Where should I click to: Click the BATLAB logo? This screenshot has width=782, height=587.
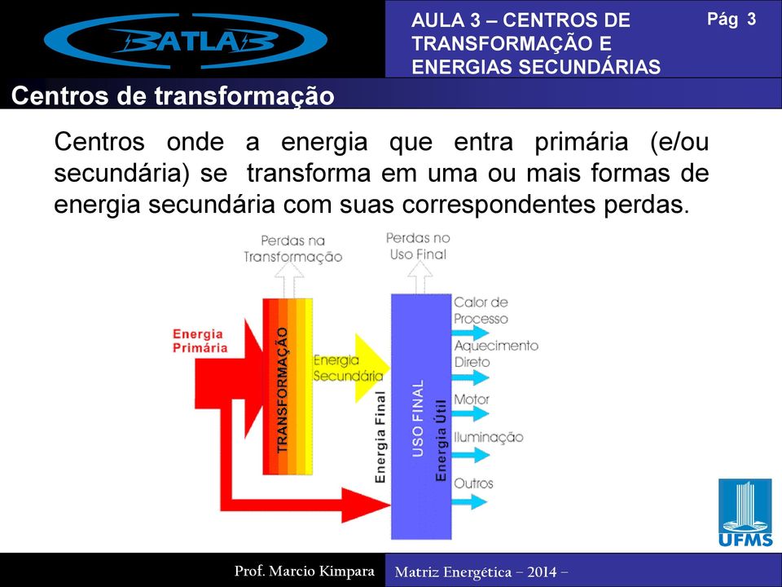[x=186, y=41]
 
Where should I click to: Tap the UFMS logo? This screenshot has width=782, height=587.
[x=745, y=513]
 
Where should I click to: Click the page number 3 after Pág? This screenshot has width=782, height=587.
[x=751, y=19]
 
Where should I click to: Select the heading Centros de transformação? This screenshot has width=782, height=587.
[x=173, y=96]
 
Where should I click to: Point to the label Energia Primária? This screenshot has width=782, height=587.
[x=200, y=341]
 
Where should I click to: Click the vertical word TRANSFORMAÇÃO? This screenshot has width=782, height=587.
[x=283, y=390]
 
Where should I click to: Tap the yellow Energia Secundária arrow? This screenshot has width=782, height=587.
[x=371, y=369]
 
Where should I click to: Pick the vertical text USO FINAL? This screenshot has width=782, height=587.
[x=418, y=418]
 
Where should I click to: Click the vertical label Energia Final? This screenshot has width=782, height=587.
[x=380, y=437]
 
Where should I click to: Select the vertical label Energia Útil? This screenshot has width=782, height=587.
[x=441, y=440]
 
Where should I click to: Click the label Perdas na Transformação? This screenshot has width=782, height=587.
[x=293, y=249]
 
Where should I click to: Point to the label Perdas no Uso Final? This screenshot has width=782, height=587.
[x=418, y=246]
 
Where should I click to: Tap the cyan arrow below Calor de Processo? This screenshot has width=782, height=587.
[x=470, y=333]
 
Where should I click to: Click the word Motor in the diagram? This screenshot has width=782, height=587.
[x=472, y=399]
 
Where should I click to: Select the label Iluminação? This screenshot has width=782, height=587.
[x=488, y=437]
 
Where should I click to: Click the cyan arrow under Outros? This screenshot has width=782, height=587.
[x=469, y=501]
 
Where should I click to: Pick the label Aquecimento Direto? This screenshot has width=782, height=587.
[x=496, y=354]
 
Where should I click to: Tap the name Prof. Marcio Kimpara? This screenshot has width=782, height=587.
[x=304, y=571]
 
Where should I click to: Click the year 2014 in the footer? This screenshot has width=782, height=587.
[x=542, y=572]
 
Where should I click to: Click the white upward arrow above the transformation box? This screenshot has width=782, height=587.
[x=289, y=280]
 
